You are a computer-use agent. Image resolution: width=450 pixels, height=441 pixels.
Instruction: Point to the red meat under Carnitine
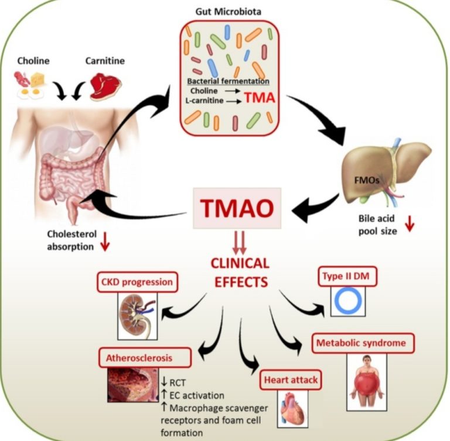point(105,86)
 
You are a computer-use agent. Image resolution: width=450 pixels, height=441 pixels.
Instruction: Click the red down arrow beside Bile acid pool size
point(409,225)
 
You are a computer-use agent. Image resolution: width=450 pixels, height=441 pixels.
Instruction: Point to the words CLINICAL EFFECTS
point(240,272)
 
